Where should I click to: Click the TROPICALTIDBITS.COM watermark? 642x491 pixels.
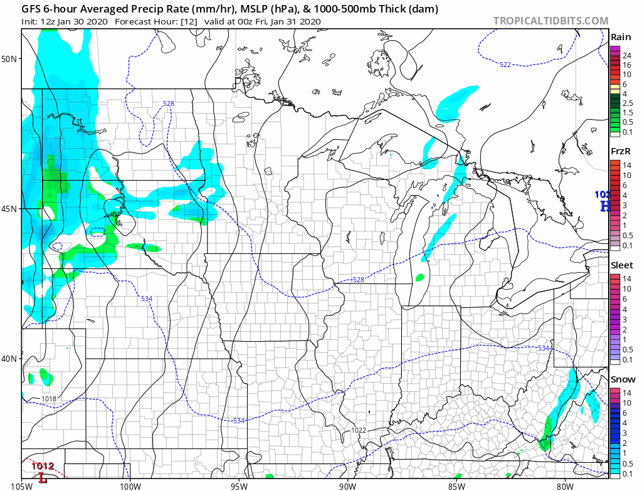point(550,21)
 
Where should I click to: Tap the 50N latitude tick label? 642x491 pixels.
point(10,59)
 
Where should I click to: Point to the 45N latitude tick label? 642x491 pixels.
point(10,209)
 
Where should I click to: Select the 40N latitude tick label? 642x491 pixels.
point(10,359)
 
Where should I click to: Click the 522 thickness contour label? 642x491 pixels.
point(505,65)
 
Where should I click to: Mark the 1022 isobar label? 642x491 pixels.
point(359,430)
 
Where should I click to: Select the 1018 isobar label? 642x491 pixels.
point(48,399)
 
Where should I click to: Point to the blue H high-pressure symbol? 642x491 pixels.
point(604,206)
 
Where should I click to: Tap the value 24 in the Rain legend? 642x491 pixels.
point(626,56)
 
